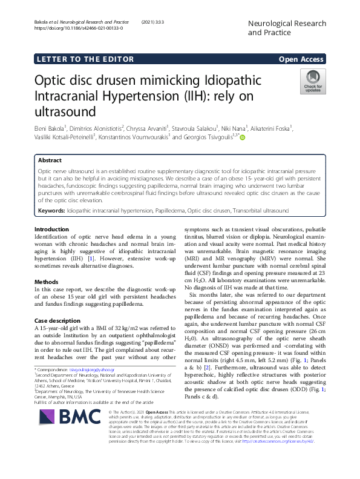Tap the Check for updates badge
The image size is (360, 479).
point(313,81)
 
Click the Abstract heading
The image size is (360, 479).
point(50,161)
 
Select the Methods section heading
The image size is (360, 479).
point(46,282)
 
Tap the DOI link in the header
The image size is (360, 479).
point(79,28)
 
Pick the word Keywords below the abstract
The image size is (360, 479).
point(52,210)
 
